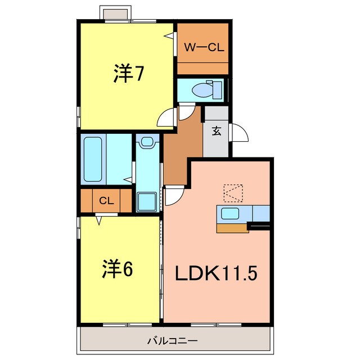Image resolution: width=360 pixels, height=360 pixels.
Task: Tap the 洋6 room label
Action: [117, 269]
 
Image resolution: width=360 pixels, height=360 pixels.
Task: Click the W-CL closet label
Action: [204, 48]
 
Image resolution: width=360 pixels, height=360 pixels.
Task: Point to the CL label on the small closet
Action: [106, 200]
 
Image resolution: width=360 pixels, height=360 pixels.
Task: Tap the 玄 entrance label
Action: [216, 132]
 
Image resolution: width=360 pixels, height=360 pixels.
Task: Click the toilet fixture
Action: [202, 89]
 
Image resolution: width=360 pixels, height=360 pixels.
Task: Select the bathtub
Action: [93, 159]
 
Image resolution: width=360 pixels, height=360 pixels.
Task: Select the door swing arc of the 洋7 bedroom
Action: [166, 119]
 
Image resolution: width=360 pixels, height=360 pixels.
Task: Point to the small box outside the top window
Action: [116, 12]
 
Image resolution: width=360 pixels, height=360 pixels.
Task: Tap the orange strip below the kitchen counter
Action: [232, 228]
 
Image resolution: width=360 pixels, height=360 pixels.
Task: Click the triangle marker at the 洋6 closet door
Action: [100, 220]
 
